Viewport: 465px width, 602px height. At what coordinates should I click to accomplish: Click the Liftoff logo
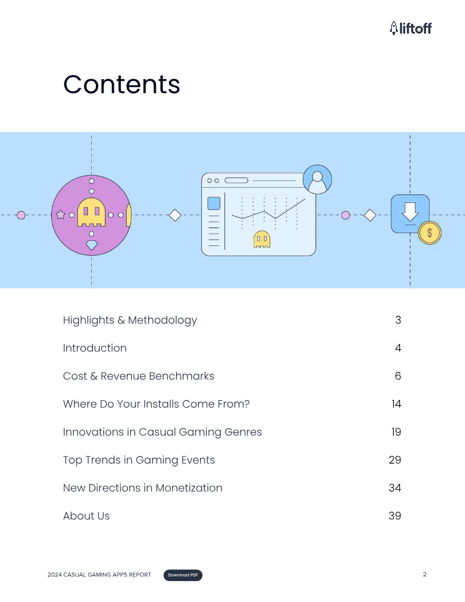pos(410,28)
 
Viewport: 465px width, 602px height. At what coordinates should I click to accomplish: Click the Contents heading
pos(121,84)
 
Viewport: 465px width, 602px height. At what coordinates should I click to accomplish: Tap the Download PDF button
pos(183,575)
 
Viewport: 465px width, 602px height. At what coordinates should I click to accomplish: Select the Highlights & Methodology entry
pos(130,320)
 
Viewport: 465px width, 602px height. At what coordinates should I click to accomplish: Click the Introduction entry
pos(95,348)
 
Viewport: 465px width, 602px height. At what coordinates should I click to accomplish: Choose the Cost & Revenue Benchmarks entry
pos(138,376)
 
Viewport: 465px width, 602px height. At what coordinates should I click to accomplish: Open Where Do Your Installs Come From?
pos(156,404)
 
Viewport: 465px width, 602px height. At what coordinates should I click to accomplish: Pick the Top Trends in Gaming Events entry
pos(139,460)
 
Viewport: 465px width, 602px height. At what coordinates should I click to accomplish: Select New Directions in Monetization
pos(143,488)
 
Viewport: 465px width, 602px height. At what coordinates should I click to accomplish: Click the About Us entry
pos(87,516)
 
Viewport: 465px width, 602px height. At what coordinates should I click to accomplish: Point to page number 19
pos(396,432)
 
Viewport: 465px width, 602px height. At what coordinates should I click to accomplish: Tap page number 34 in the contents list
pos(395,488)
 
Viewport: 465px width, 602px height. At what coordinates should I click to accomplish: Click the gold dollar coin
pos(430,233)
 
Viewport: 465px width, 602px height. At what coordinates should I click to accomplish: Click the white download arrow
pos(410,212)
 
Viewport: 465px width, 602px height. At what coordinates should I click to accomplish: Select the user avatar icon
pos(317,179)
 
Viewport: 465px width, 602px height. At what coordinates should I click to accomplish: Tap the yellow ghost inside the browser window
pos(262,239)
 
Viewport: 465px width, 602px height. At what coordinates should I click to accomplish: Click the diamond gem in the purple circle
pos(91,245)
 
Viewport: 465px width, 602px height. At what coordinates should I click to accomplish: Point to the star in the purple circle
pos(60,215)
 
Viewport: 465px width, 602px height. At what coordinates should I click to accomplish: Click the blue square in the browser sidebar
pos(214,204)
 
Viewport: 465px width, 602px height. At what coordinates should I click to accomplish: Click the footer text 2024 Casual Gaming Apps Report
pos(99,575)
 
